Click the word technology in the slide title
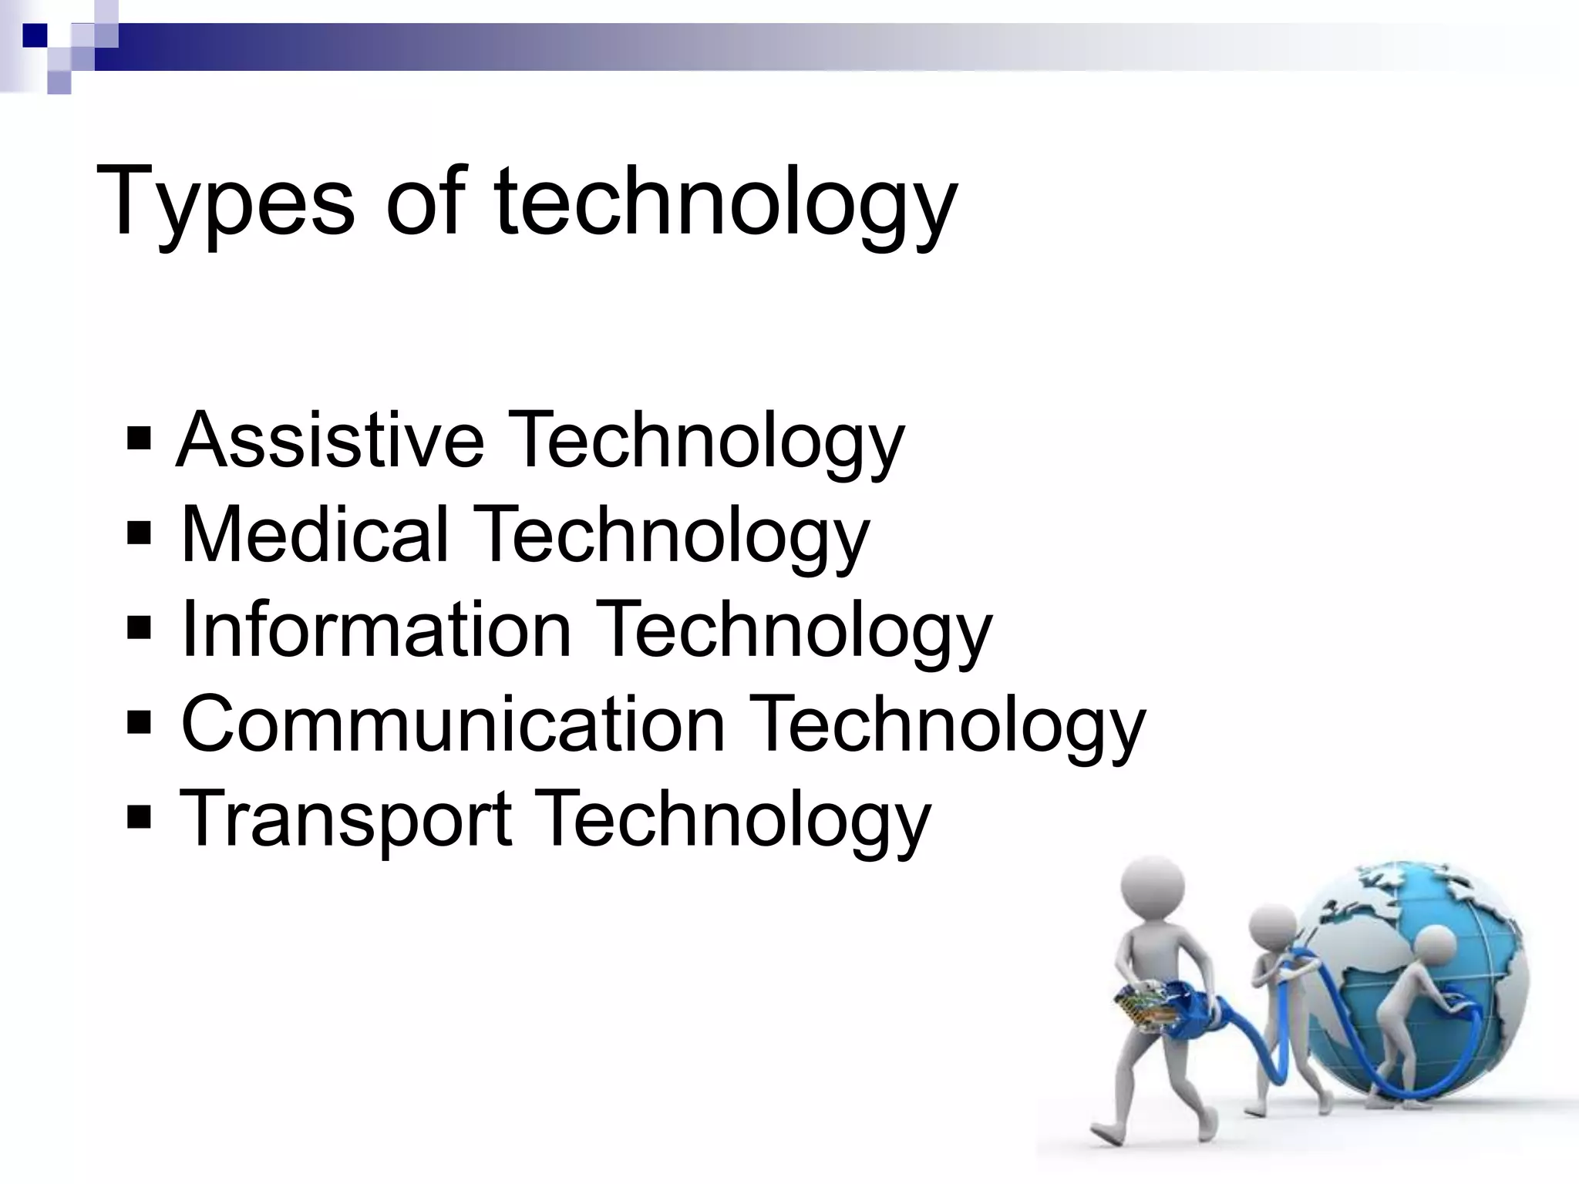(725, 202)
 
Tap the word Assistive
(330, 441)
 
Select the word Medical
(314, 535)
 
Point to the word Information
(375, 630)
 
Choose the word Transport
(345, 819)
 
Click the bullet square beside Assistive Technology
(140, 442)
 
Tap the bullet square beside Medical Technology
(140, 534)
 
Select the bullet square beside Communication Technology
(140, 724)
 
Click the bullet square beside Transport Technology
(140, 818)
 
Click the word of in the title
(426, 202)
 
